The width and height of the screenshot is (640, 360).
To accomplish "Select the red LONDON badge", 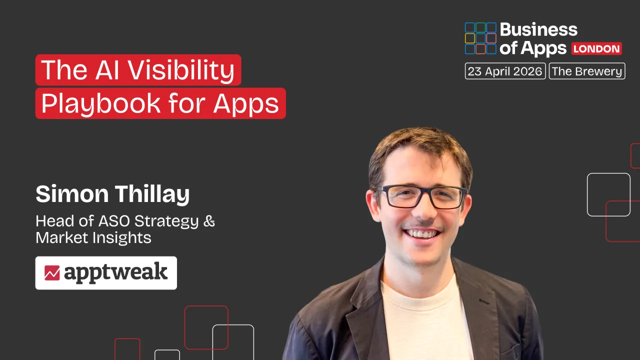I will (596, 48).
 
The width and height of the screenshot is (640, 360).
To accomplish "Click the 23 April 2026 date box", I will (505, 71).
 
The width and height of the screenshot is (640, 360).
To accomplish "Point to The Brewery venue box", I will (587, 71).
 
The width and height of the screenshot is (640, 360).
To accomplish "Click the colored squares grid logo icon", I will (480, 38).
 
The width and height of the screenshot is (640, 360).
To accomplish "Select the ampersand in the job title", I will (209, 221).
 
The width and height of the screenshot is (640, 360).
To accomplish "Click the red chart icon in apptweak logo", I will (52, 273).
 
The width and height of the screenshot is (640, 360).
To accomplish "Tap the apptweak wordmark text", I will (115, 273).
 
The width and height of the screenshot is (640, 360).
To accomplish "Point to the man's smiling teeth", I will (422, 233).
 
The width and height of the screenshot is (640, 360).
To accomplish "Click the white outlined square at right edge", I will (608, 194).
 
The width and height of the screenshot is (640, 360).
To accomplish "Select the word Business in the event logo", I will (538, 30).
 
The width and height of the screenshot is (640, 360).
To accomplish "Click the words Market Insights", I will (93, 238).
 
